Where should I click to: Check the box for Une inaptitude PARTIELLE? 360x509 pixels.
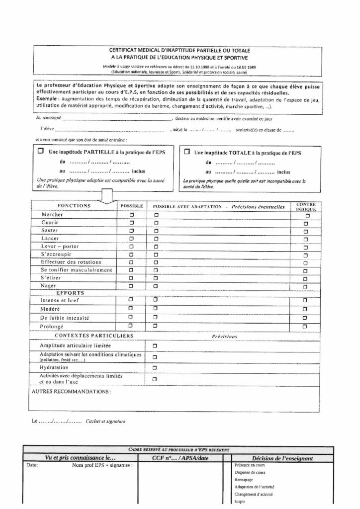40,150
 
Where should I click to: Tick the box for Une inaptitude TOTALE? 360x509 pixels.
187,151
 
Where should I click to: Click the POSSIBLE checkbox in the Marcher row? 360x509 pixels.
132,215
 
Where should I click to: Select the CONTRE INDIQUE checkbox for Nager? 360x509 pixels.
305,286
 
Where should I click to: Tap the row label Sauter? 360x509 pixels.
50,231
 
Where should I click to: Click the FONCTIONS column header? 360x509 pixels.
74,205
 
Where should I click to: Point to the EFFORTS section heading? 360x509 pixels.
70,293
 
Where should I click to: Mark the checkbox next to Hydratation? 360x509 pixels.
155,367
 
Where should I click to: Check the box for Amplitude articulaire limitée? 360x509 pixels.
155,345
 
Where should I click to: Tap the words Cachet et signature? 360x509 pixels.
106,422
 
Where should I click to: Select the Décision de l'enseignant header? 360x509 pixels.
282,458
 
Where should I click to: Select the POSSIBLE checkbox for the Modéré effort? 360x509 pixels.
131,309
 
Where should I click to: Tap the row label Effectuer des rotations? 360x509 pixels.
71,262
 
